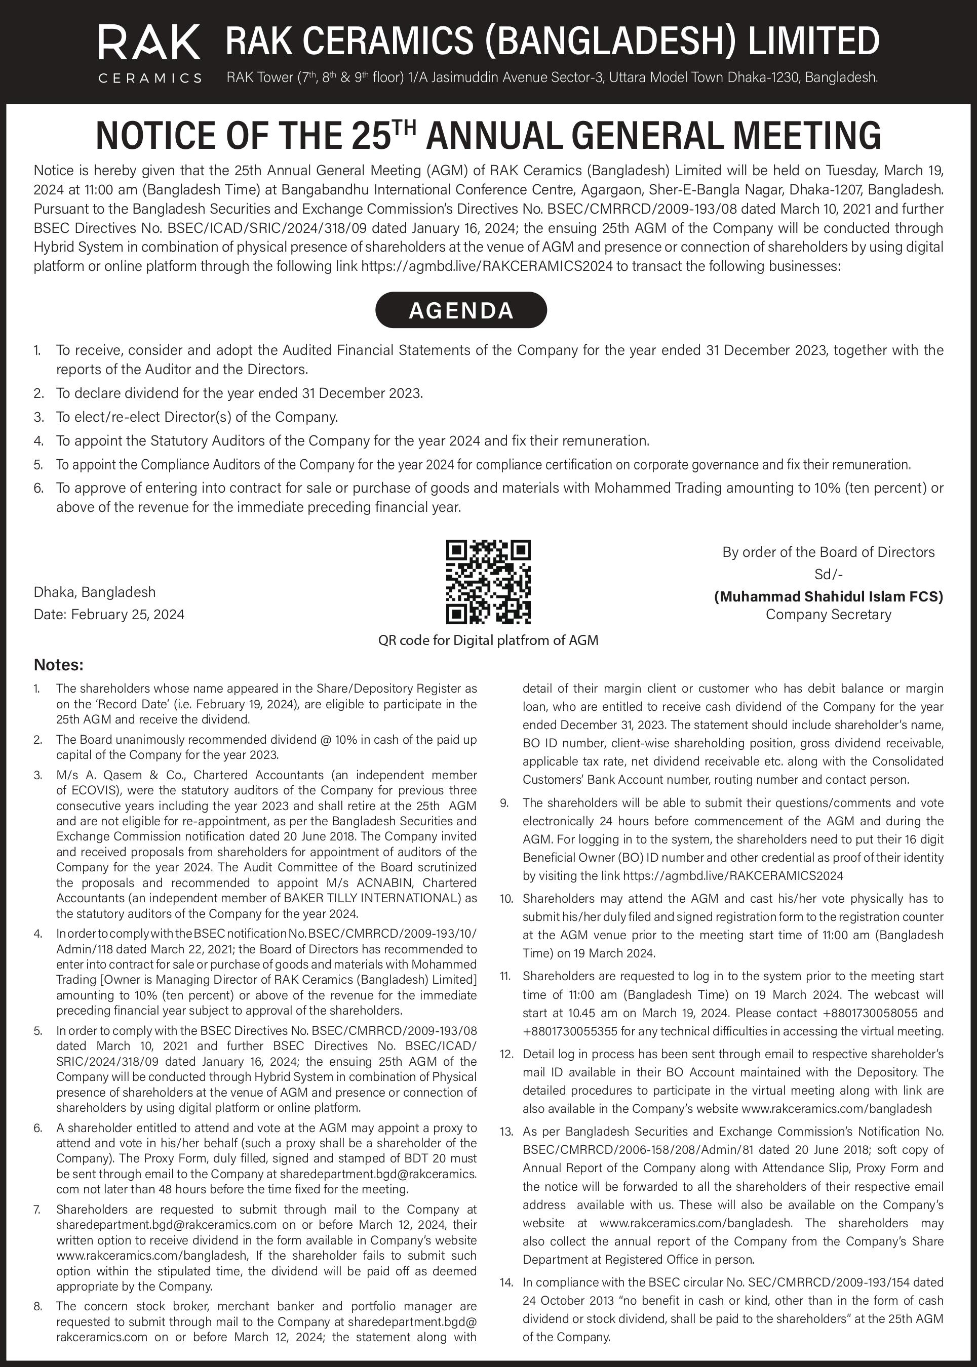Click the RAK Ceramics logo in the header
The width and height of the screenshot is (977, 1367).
point(149,52)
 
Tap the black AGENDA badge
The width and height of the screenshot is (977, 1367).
point(461,310)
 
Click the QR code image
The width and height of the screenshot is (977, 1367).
point(488,582)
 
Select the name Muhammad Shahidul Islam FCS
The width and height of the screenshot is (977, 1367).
point(829,596)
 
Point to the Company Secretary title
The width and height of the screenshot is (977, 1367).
point(829,614)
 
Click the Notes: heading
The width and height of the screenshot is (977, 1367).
point(58,665)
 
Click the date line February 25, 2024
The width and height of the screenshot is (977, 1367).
point(109,614)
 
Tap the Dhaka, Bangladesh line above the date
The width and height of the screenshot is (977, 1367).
point(94,592)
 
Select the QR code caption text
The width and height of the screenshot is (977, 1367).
point(488,640)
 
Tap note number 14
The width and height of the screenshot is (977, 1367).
point(506,1282)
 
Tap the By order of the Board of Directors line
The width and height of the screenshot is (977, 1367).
point(829,552)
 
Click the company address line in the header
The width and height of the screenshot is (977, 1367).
point(552,77)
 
